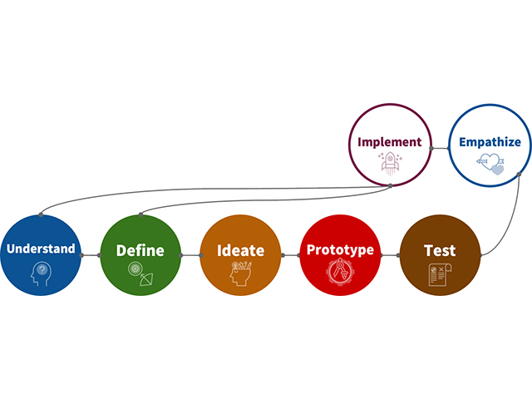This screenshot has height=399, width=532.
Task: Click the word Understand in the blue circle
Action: (41, 249)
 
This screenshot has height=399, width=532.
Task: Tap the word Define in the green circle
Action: (140, 250)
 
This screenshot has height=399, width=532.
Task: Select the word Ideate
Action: (240, 250)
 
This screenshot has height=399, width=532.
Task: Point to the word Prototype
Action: (340, 249)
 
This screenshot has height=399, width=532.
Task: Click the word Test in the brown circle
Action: (440, 250)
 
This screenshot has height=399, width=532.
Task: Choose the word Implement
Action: (390, 142)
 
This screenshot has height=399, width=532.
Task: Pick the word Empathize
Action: (490, 142)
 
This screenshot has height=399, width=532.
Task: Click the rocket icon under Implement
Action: (390, 163)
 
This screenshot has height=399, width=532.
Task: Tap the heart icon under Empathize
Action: (490, 165)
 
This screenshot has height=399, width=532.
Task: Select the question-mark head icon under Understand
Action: (42, 274)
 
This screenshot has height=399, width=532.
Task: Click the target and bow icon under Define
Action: (140, 273)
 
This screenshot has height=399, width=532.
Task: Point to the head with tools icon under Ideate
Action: (240, 273)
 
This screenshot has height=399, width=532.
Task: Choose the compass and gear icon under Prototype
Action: (340, 272)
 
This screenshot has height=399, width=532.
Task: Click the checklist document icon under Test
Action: (440, 274)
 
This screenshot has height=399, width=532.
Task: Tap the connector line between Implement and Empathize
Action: (440, 148)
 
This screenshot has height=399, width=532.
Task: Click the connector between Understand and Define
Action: (91, 255)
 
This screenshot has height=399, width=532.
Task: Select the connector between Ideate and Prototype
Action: (291, 255)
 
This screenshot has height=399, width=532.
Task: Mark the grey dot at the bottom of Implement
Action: (390, 185)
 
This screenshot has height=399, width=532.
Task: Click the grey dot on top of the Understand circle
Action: (41, 214)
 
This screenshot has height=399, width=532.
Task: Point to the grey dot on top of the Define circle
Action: (140, 214)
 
